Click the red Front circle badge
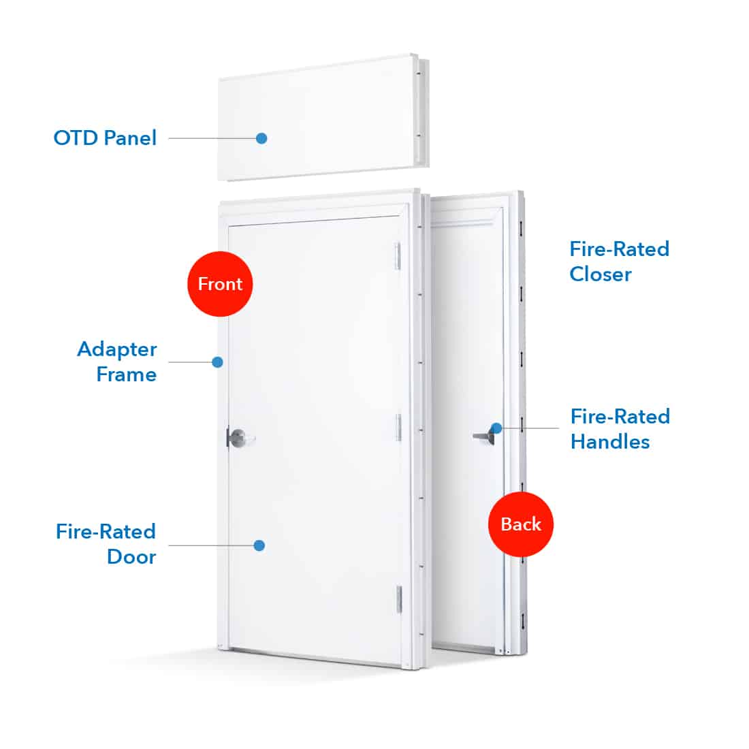pos(219,284)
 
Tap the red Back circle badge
pos(521,524)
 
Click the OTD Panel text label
pos(105,138)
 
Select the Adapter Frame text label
pos(116,362)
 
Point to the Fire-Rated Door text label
pos(106,544)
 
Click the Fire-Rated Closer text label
pos(619,261)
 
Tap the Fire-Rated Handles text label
pos(620,429)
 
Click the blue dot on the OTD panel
pos(261,138)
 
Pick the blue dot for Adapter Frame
pos(217,362)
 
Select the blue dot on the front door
pos(259,545)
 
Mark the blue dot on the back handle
pos(496,428)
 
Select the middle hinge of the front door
pos(399,426)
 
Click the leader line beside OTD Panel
pos(211,138)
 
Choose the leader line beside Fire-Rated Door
pos(211,545)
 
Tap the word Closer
pos(601,274)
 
